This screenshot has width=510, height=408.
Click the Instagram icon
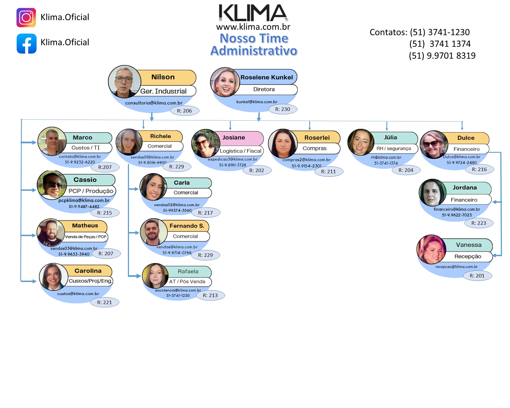26,18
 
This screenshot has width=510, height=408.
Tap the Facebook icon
26,43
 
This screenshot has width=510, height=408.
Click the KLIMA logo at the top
253,13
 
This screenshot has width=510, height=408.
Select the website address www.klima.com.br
253,27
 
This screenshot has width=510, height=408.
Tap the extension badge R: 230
283,109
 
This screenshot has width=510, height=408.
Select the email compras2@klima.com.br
306,160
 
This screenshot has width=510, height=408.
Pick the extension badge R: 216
479,169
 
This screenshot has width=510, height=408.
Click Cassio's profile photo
52,185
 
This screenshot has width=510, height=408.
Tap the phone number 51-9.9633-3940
74,254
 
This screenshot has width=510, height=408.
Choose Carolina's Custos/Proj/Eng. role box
90,281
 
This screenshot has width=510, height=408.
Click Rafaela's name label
188,271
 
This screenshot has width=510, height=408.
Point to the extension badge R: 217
206,213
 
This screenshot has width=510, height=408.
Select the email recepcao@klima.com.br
456,267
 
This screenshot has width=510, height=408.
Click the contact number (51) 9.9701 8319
442,56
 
